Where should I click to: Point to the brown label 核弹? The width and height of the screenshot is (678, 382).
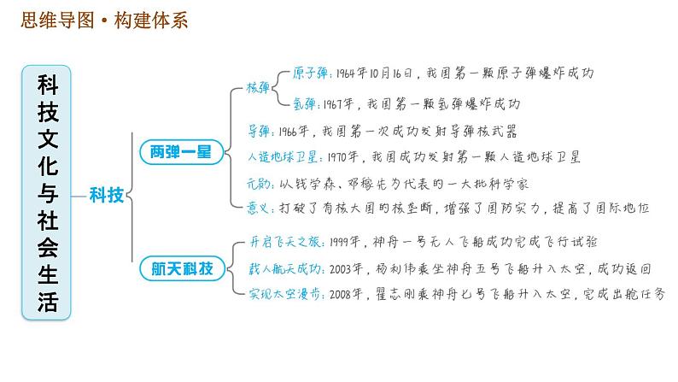coord(258,87)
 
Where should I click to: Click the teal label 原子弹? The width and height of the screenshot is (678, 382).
coord(307,72)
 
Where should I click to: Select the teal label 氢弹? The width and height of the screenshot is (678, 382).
coord(307,103)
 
